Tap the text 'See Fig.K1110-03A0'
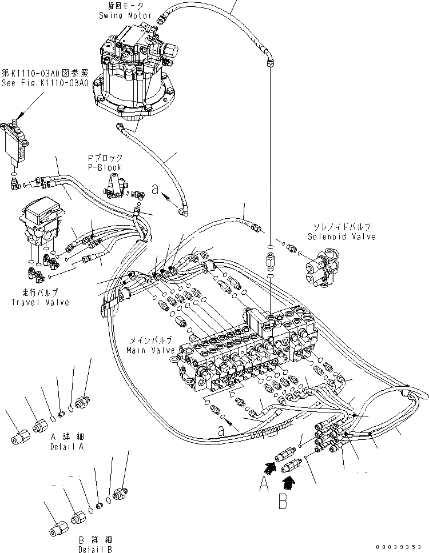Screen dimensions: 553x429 44,83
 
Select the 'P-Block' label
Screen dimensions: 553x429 105,167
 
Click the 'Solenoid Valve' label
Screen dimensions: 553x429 341,236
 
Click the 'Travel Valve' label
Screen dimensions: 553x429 40,302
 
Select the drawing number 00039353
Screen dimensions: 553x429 402,547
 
